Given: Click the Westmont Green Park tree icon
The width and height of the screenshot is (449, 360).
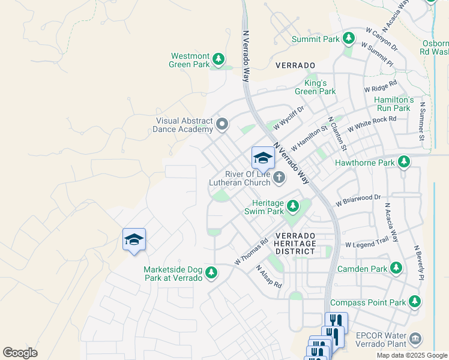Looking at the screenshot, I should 219,59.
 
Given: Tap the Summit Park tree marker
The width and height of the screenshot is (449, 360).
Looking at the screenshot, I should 349,39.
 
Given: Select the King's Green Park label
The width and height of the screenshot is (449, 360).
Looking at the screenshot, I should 315,87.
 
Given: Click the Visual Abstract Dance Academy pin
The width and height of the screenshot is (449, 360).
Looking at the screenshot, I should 223,124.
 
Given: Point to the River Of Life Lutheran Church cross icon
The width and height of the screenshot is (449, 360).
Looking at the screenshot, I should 279,177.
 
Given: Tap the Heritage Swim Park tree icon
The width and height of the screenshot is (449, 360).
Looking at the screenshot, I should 293,207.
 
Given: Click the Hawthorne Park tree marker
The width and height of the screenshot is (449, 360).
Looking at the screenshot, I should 405,162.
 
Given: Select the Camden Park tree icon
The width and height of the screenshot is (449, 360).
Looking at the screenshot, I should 396,268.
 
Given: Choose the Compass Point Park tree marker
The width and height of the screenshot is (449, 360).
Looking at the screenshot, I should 415,302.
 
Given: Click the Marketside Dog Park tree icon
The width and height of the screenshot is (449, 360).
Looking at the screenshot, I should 211,273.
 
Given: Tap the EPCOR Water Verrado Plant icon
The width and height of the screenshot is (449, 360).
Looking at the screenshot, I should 415,339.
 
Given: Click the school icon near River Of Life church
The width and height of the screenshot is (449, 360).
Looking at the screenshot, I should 263,158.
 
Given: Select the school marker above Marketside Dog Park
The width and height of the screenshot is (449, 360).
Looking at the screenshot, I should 134,239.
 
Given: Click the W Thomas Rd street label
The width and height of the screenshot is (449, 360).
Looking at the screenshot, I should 251,252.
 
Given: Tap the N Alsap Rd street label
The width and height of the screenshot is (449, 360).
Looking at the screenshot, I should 268,277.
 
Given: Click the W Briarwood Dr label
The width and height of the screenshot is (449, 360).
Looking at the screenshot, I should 358,199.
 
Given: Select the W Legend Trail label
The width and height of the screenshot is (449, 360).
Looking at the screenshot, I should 367,244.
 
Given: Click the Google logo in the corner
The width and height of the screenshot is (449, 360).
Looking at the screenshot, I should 20,353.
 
